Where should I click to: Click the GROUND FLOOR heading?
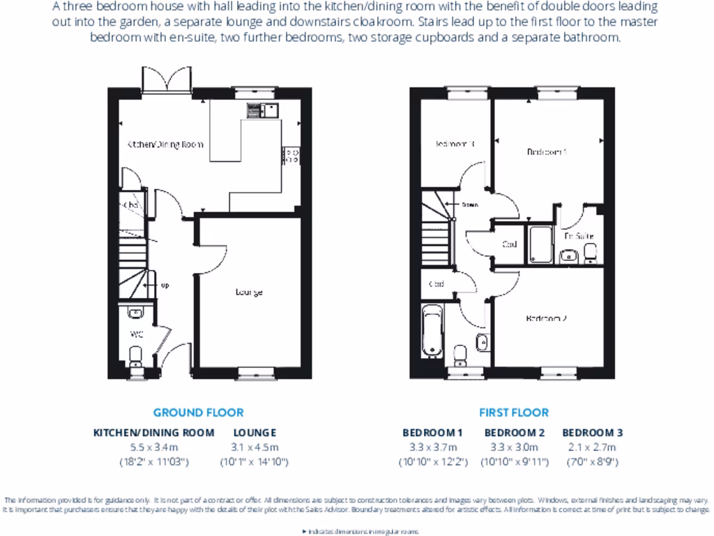[x=198, y=412]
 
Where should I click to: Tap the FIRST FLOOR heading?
[x=513, y=412]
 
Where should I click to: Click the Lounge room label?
[x=249, y=292]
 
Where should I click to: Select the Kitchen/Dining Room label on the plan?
[x=165, y=144]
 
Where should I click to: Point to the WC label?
[x=137, y=334]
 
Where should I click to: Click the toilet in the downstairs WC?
[x=137, y=357]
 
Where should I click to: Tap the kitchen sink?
[x=262, y=110]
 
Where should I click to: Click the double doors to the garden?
[x=167, y=80]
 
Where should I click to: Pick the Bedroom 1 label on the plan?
[x=546, y=151]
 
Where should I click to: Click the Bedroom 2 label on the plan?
[x=545, y=318]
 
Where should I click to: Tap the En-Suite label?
[x=579, y=236]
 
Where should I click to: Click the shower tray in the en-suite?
[x=541, y=244]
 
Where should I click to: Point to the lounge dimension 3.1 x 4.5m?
[x=255, y=447]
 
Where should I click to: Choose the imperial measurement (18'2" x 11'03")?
[x=153, y=462]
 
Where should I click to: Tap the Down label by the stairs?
[x=469, y=205]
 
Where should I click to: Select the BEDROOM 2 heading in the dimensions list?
[x=515, y=433]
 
